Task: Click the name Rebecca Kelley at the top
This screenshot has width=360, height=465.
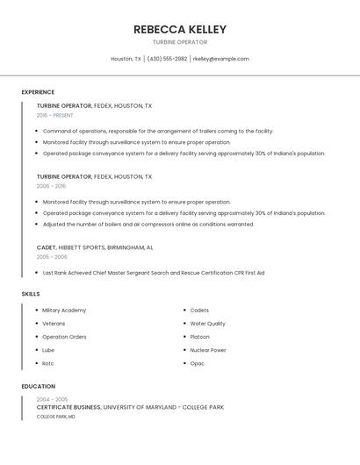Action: pyautogui.click(x=180, y=29)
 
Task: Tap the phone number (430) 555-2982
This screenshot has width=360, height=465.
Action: pyautogui.click(x=167, y=59)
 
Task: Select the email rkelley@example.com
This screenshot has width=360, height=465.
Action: pyautogui.click(x=221, y=59)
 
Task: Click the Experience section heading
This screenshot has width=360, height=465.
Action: pyautogui.click(x=38, y=92)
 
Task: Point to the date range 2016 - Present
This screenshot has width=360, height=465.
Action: pyautogui.click(x=54, y=115)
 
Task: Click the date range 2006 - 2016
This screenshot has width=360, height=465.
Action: pyautogui.click(x=51, y=186)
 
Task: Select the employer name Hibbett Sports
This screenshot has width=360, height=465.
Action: pyautogui.click(x=89, y=247)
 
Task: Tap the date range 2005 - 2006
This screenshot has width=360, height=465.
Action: pyautogui.click(x=51, y=257)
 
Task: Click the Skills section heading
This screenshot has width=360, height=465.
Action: pyautogui.click(x=31, y=294)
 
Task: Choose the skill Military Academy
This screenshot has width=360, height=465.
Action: pyautogui.click(x=64, y=311)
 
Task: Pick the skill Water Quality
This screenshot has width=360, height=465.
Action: pyautogui.click(x=208, y=324)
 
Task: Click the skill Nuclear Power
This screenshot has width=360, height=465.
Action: pyautogui.click(x=208, y=350)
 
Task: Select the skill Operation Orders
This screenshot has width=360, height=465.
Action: pyautogui.click(x=64, y=337)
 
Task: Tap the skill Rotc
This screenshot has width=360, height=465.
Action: pyautogui.click(x=48, y=363)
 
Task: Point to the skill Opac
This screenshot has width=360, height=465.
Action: pyautogui.click(x=198, y=363)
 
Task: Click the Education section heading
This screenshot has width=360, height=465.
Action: pyautogui.click(x=38, y=386)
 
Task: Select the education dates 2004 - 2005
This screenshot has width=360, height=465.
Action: pyautogui.click(x=52, y=399)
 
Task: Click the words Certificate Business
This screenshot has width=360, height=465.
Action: pyautogui.click(x=68, y=407)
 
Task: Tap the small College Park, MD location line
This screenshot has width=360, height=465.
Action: pyautogui.click(x=55, y=417)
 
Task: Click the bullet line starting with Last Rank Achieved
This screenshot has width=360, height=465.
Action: pyautogui.click(x=154, y=273)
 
